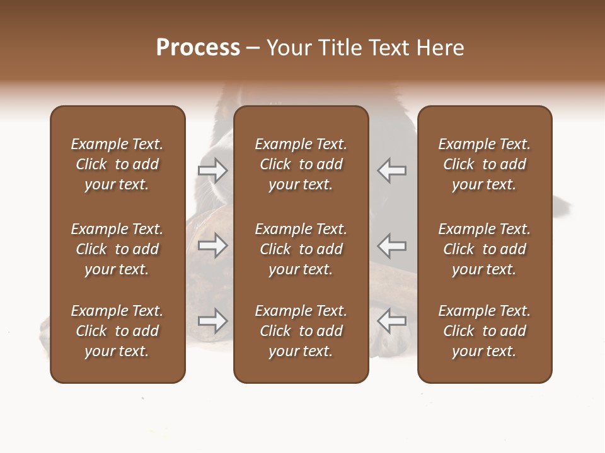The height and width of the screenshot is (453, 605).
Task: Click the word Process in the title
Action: click(x=198, y=47)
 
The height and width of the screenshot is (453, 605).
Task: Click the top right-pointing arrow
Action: click(x=212, y=170)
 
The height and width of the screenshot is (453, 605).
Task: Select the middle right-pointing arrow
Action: click(x=212, y=245)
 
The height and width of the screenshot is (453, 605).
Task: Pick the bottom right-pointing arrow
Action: click(x=212, y=321)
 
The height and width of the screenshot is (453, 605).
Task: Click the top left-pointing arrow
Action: click(x=392, y=170)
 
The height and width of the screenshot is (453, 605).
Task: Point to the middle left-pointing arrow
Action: click(x=392, y=245)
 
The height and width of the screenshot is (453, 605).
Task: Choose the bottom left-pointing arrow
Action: click(x=392, y=321)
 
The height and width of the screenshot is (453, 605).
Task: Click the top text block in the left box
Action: click(x=117, y=164)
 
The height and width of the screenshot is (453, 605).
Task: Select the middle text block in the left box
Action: click(x=117, y=249)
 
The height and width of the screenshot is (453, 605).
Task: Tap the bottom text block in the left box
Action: click(x=117, y=331)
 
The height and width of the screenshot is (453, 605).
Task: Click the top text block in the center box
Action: click(x=301, y=164)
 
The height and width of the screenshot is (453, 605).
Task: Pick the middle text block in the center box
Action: click(x=301, y=249)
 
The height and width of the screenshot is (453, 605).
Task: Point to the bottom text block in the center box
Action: click(x=301, y=331)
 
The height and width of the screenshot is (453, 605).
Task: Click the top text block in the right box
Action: click(x=484, y=164)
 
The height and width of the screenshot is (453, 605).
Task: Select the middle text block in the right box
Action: click(x=484, y=249)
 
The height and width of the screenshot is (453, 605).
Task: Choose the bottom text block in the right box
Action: click(x=484, y=331)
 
